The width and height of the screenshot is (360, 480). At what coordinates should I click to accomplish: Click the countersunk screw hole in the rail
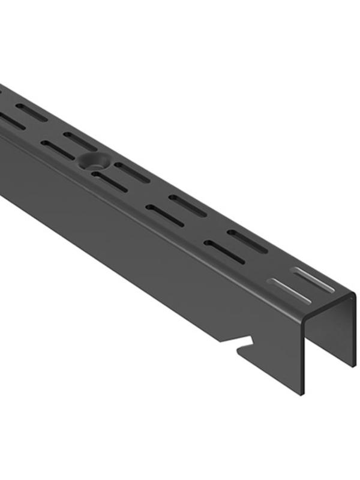click(x=93, y=159)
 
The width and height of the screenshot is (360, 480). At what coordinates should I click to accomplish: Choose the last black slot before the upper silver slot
click(x=247, y=241)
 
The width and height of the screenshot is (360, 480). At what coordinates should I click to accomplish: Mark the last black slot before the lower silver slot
click(x=224, y=251)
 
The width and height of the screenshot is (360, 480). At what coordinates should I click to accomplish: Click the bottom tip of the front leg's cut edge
click(x=300, y=394)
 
